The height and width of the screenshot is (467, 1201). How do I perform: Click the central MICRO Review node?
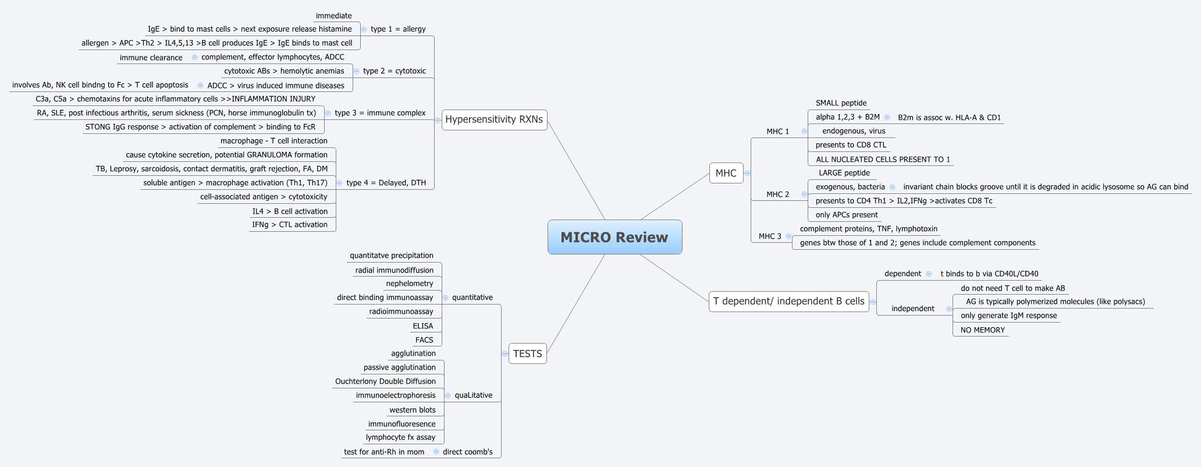[614, 237]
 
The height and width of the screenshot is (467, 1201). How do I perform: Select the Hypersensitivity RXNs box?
[494, 120]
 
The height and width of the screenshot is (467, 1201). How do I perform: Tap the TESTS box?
[527, 353]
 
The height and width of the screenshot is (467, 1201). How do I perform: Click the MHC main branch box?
[726, 173]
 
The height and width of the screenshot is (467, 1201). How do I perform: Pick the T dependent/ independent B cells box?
[788, 301]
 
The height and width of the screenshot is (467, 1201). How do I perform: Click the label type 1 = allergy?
[398, 29]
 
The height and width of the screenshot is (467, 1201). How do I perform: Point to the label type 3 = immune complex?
[380, 113]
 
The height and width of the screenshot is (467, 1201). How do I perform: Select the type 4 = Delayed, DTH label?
[386, 183]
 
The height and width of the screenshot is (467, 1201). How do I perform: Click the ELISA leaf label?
[423, 326]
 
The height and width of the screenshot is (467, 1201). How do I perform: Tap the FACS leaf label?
[424, 340]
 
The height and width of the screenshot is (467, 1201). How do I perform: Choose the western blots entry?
[413, 410]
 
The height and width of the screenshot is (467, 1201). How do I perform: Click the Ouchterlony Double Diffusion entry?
[385, 381]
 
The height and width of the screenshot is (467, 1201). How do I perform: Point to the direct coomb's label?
[467, 452]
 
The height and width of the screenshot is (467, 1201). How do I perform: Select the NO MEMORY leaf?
[982, 330]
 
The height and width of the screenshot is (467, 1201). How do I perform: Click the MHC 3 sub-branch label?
[770, 236]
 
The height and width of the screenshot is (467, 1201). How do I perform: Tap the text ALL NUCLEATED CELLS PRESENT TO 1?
[883, 160]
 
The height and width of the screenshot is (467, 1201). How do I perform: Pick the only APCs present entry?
[847, 215]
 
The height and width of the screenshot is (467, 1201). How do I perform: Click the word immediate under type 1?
[333, 16]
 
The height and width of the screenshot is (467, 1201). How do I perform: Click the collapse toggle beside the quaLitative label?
[447, 395]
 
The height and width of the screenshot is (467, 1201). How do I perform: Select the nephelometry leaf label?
[410, 284]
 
